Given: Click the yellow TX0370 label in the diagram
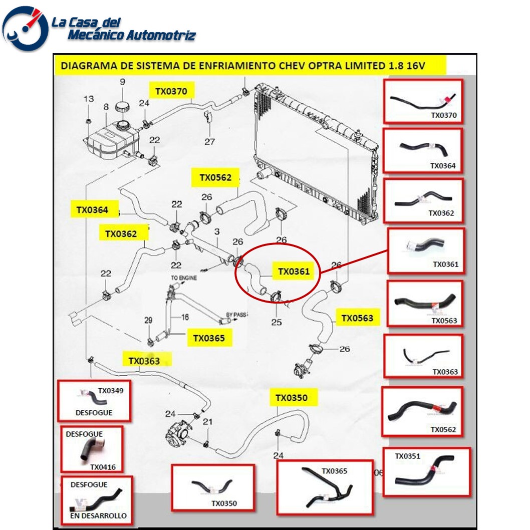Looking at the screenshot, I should [171, 91].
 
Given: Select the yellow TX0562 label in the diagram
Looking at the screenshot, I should [215, 177].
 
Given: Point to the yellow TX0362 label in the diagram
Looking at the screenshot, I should [121, 233].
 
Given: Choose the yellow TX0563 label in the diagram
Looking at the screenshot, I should [357, 318].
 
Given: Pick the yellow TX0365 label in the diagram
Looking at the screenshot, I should [209, 338].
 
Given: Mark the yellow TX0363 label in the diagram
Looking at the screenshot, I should [144, 361].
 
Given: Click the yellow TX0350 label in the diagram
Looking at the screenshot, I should [291, 398].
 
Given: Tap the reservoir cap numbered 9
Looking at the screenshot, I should [122, 107].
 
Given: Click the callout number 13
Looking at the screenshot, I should [88, 99].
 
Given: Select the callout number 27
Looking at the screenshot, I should [210, 142].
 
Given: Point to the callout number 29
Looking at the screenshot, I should [148, 320].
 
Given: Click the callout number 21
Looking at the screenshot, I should [207, 422].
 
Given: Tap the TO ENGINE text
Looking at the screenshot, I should [184, 277].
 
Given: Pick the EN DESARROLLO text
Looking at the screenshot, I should [98, 515].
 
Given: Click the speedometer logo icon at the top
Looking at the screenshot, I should [25, 28].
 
